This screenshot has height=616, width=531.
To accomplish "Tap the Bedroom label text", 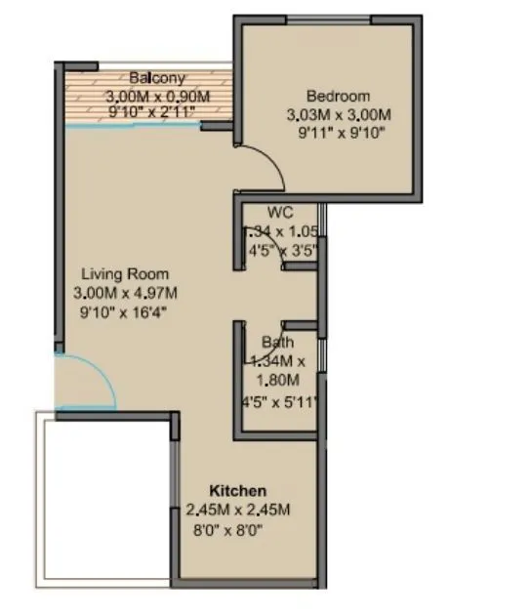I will click(x=338, y=96).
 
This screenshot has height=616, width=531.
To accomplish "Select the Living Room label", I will click(x=125, y=274).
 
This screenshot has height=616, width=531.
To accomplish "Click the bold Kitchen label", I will click(x=238, y=489).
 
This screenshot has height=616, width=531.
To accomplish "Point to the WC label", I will click(x=280, y=212).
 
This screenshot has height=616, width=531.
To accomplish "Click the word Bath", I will click(x=278, y=343).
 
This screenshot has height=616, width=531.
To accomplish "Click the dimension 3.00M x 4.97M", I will click(x=125, y=293).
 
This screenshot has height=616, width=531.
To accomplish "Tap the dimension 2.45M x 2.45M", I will click(x=238, y=510).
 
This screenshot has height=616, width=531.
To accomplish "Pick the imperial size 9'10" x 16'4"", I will click(x=125, y=312).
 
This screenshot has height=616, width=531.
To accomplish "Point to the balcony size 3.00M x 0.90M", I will click(x=157, y=97).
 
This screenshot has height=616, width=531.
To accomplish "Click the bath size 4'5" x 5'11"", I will click(x=280, y=401).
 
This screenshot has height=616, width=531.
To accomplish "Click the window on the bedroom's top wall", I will click(x=329, y=19).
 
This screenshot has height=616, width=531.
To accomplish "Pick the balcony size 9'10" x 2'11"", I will click(x=157, y=113).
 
